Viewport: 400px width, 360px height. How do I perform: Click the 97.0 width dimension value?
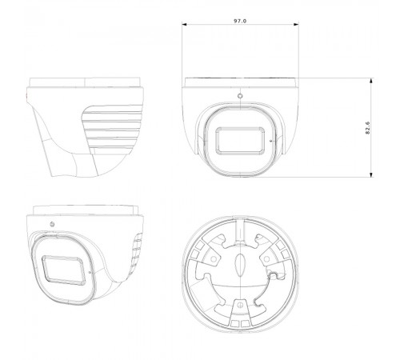click(240, 21)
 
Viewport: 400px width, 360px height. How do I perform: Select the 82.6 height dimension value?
click(368, 128)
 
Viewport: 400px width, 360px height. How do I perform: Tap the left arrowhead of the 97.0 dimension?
click(185, 25)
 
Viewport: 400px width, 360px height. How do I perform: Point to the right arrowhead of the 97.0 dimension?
click(296, 25)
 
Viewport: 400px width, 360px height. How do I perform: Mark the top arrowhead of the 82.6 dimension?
click(371, 81)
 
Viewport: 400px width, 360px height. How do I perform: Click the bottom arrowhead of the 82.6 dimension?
click(371, 174)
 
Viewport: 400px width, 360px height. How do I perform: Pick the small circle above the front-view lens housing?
click(240, 96)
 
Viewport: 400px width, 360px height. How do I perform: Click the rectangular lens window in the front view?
click(240, 141)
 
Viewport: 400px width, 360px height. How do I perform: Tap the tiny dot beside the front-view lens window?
click(271, 141)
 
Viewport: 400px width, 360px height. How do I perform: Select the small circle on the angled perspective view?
click(52, 224)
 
